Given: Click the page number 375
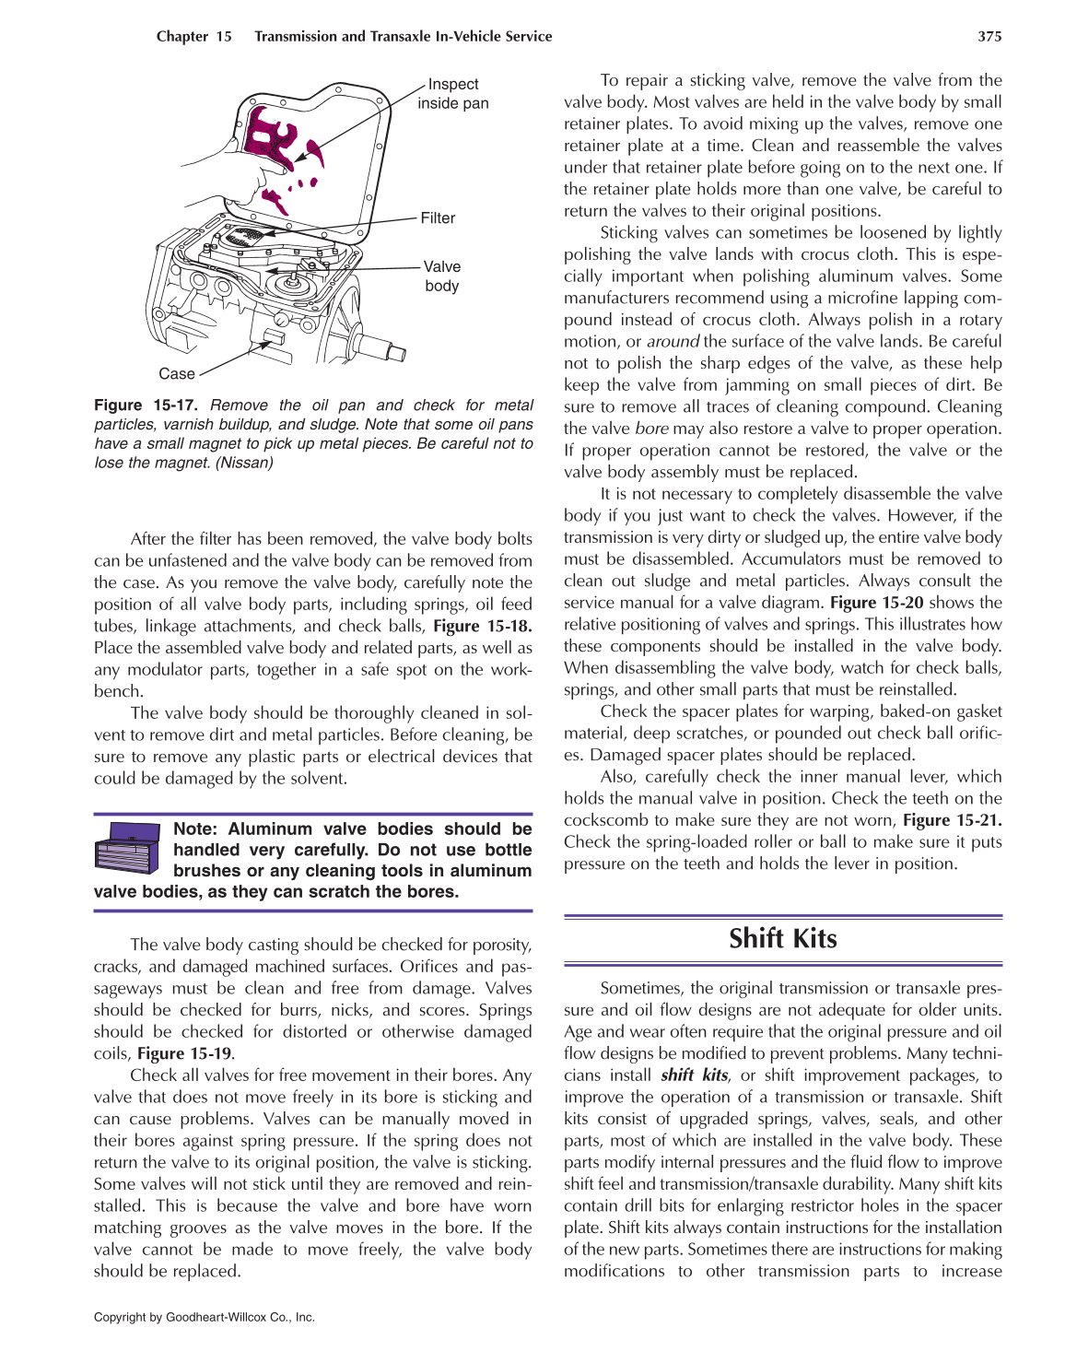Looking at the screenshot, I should (x=989, y=37).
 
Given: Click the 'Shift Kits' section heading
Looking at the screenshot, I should (x=782, y=939).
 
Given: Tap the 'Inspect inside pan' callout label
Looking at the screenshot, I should (x=452, y=94).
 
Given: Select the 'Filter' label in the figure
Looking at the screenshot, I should (x=438, y=218).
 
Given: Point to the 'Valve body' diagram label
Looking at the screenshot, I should (x=441, y=276).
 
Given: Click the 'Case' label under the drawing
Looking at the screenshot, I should (x=177, y=374).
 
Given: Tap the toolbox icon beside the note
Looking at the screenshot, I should (x=129, y=848).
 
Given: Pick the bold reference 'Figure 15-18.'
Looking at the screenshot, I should (x=482, y=627).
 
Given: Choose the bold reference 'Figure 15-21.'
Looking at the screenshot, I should (x=952, y=820).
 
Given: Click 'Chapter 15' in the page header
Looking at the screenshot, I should (x=193, y=37).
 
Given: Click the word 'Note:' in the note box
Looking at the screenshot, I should (x=195, y=829).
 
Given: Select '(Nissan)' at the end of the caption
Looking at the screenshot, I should (x=244, y=463).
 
